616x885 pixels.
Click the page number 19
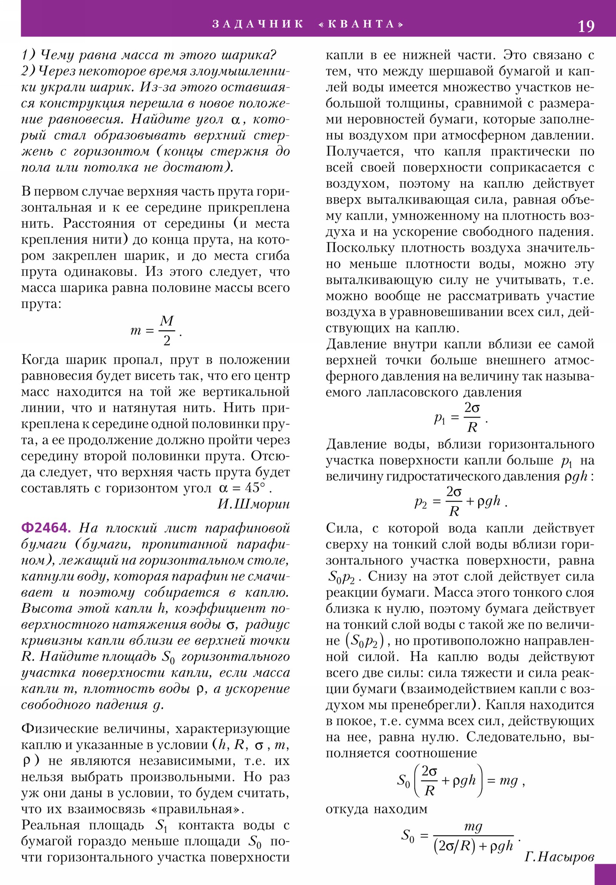586,26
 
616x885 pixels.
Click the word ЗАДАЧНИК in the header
258,24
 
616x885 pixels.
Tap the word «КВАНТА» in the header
361,24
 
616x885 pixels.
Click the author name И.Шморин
253,504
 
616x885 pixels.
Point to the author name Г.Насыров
559,857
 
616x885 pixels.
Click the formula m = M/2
156,331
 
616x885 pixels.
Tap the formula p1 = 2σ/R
460,417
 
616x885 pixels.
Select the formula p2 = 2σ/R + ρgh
460,501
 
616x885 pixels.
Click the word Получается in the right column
365,152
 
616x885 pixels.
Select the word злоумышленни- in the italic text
239,71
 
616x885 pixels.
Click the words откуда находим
376,809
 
